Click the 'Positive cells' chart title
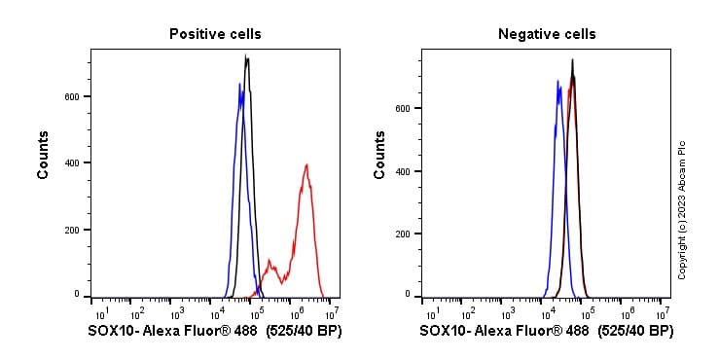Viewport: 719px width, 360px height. [x=215, y=34]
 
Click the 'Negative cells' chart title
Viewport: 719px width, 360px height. [x=547, y=34]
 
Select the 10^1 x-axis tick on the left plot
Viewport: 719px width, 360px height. [x=100, y=313]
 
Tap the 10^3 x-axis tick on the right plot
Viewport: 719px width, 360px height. [x=507, y=313]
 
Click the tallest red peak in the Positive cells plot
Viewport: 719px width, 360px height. [x=306, y=165]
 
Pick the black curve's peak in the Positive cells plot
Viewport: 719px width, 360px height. [x=247, y=57]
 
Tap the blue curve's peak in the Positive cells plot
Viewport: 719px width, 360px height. [x=239, y=85]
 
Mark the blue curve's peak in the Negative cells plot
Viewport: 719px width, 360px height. [x=557, y=82]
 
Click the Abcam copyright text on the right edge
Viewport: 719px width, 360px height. [x=682, y=209]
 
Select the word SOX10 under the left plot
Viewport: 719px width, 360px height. [x=110, y=332]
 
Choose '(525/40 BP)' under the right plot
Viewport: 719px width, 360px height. [x=635, y=332]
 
